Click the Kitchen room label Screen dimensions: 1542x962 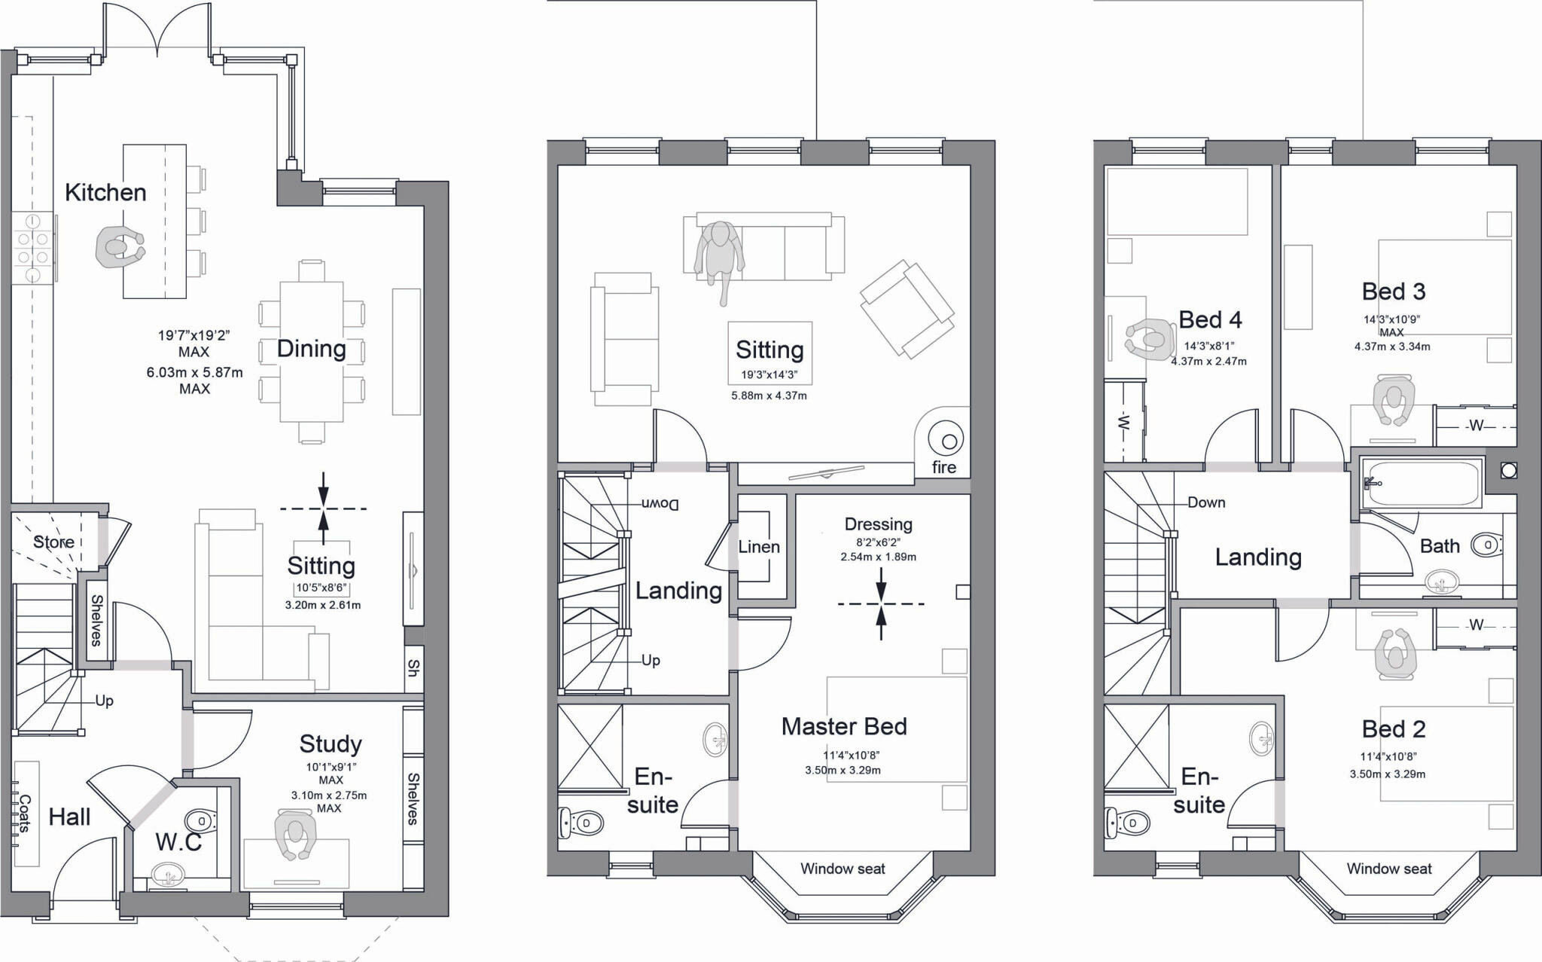coord(105,193)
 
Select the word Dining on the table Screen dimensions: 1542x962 coord(311,349)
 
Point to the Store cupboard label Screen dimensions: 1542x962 coord(53,542)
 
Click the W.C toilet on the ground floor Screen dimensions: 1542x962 coord(200,820)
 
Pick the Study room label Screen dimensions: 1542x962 coord(331,744)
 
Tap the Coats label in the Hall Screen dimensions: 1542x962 coord(24,814)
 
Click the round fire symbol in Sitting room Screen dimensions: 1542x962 coord(945,440)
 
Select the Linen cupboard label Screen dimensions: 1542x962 coord(759,547)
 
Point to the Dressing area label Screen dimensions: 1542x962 coord(878,524)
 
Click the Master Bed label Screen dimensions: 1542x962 coord(844,726)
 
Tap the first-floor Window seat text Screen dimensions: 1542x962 coord(843,869)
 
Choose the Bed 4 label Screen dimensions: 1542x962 coord(1210,320)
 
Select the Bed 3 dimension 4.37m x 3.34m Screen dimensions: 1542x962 coord(1392,347)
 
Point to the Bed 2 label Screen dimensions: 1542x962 coord(1394,729)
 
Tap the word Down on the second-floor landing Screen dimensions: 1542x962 coord(1206,502)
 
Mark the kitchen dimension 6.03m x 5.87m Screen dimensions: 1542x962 coord(194,372)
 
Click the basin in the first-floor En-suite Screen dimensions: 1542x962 coord(715,740)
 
